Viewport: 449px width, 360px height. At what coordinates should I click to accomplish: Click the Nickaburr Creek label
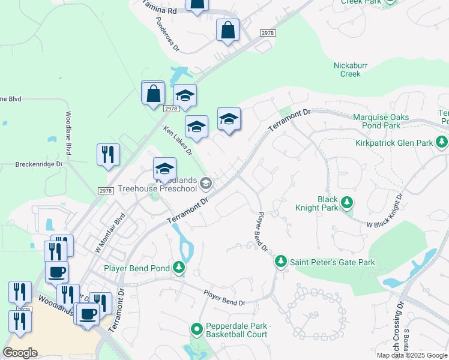coord(351,70)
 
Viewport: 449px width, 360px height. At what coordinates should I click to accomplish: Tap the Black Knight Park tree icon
coord(347,204)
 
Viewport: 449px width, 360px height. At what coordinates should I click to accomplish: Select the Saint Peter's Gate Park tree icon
coord(280,262)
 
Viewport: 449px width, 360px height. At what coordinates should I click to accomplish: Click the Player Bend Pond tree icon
coord(179,268)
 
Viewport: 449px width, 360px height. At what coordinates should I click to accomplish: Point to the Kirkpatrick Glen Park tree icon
coord(442,143)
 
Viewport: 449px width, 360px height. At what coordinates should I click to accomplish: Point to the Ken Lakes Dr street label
coord(178,140)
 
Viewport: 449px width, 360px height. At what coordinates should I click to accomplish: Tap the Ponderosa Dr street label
coord(167,37)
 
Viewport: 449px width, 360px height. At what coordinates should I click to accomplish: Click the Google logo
coord(20,353)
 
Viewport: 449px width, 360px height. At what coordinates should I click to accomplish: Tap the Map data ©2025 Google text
coord(411,355)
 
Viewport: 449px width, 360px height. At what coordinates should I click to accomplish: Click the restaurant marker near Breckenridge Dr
coord(108,155)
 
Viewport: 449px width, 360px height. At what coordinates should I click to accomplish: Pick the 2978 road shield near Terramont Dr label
coord(268,34)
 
